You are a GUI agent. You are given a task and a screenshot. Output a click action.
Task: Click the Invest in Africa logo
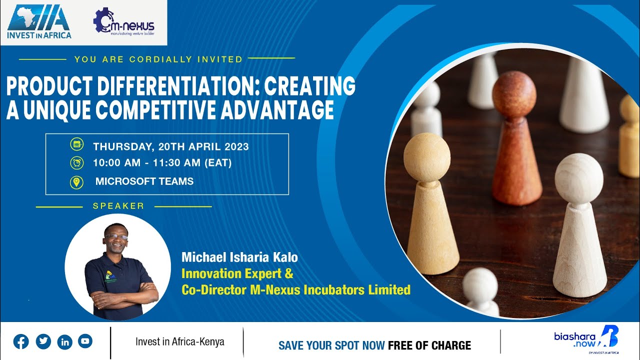click(39, 22)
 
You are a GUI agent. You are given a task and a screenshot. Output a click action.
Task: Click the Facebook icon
click(21, 341)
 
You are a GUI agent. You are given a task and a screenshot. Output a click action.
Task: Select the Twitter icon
click(43, 341)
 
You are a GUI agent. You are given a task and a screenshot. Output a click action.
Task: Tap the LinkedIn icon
click(65, 341)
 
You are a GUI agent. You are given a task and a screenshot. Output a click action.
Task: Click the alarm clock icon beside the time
click(76, 163)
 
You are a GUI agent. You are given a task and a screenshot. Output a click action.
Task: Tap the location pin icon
click(76, 181)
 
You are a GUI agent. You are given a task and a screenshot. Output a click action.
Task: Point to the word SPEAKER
click(118, 206)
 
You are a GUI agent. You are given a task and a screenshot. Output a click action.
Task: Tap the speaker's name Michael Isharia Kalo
click(239, 258)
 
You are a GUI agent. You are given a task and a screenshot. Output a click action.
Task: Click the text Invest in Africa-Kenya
click(179, 342)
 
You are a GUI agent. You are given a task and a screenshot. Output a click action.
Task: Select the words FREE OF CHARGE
click(429, 345)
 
